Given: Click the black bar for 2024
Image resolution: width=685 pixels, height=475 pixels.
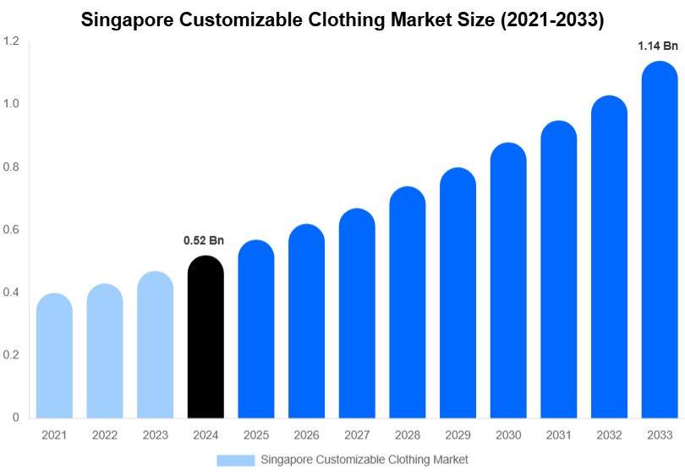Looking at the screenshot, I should (x=205, y=338).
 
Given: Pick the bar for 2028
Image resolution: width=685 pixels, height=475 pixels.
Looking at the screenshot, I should (x=408, y=304).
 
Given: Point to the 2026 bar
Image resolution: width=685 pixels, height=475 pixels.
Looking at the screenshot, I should (x=306, y=322).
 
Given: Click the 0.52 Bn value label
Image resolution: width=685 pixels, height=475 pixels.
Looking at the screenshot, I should (x=204, y=241).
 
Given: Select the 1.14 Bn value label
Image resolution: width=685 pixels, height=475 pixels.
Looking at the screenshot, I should (x=658, y=47).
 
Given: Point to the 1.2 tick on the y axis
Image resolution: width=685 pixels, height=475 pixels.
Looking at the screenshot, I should (x=11, y=41).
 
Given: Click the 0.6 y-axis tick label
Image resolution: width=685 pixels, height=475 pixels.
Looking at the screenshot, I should (x=11, y=230).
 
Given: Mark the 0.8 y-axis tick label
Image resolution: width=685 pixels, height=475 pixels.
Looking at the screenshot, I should (x=11, y=167).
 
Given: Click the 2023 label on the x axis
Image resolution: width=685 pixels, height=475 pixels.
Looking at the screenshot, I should (x=155, y=435).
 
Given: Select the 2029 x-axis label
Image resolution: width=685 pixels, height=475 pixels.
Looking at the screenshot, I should (x=458, y=435).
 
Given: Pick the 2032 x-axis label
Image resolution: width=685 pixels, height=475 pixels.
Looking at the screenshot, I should (x=609, y=435).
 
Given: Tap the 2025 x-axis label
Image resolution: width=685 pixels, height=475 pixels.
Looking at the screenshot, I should (x=256, y=435).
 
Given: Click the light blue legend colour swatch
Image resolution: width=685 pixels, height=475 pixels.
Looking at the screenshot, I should (x=235, y=460).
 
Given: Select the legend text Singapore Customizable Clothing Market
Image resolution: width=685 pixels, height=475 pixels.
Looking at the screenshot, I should (x=364, y=460).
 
